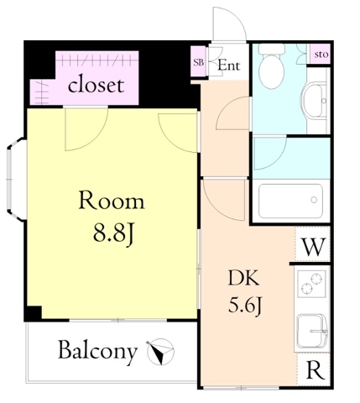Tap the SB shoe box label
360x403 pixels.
(x=199, y=62)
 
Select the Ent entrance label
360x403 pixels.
(x=229, y=65)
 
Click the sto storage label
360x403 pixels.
(x=321, y=54)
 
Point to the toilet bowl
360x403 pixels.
(x=271, y=67)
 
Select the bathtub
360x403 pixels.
(x=290, y=201)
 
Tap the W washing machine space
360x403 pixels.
(x=314, y=247)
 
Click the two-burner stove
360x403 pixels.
(x=311, y=283)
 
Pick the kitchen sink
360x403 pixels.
(x=311, y=331)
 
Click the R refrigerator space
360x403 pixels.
(x=315, y=369)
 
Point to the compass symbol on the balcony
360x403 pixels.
(x=160, y=351)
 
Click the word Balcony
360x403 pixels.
(x=97, y=352)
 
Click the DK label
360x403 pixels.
(x=243, y=278)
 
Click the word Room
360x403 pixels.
(x=112, y=200)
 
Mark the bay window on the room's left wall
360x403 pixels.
(x=16, y=180)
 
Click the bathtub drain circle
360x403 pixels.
(x=314, y=200)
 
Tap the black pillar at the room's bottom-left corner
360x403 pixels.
(x=33, y=313)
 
